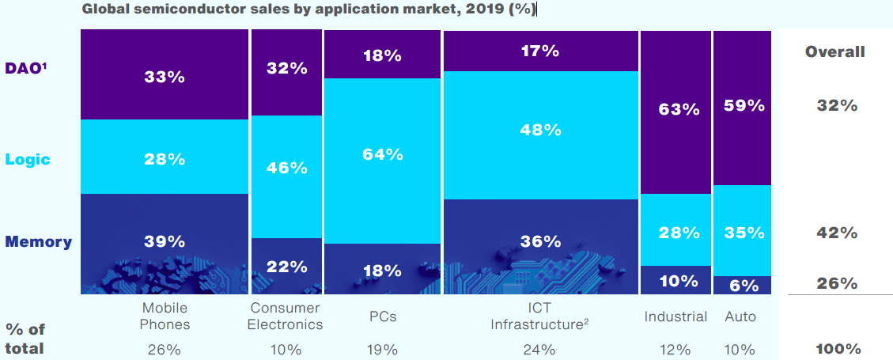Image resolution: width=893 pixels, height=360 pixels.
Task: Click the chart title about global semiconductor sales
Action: tap(308, 9)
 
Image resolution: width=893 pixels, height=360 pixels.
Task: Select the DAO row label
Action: tap(25, 68)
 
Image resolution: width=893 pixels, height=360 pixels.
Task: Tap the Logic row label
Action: tap(28, 160)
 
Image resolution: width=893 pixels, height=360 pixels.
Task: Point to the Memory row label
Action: tap(39, 241)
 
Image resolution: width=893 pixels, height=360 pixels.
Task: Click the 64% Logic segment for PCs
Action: tap(382, 161)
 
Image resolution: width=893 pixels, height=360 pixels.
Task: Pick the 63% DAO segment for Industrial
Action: tap(675, 112)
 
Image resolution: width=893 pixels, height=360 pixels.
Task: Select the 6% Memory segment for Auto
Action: tap(742, 285)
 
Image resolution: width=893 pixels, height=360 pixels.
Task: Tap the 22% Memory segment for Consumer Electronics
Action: tap(286, 266)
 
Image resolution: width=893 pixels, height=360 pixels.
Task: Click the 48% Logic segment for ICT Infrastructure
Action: tap(540, 135)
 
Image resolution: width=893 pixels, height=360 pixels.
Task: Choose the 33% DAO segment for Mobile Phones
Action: tap(165, 74)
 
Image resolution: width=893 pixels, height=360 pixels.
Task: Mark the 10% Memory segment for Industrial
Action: tap(675, 279)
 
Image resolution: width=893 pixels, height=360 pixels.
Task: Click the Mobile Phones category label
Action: tap(165, 316)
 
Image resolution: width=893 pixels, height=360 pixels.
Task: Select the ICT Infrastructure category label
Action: tap(540, 316)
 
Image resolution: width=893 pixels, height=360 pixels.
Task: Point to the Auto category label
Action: tap(740, 316)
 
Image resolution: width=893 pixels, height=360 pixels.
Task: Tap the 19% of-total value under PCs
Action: tap(382, 349)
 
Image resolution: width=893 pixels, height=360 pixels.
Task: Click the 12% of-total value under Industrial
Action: tap(675, 349)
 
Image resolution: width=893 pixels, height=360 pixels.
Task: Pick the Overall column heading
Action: tap(834, 52)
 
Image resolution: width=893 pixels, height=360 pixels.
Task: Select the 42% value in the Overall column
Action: tap(837, 233)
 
